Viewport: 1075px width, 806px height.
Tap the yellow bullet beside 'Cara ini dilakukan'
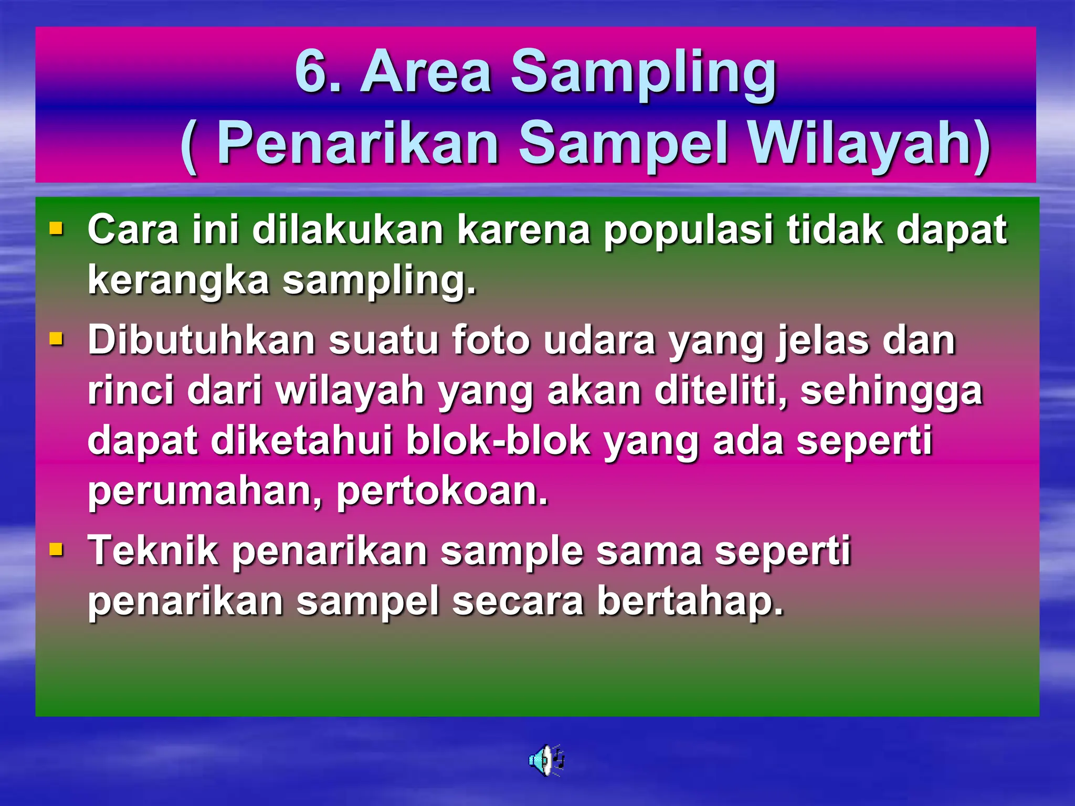pyautogui.click(x=56, y=229)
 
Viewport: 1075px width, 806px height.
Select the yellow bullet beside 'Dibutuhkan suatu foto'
pyautogui.click(x=56, y=340)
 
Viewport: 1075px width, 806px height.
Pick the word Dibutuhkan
pyautogui.click(x=202, y=341)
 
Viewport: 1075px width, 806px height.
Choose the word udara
pyautogui.click(x=599, y=341)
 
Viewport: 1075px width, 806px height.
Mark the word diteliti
pyautogui.click(x=720, y=391)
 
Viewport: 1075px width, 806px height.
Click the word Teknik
pyautogui.click(x=153, y=551)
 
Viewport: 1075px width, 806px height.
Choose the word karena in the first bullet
pyautogui.click(x=523, y=230)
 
